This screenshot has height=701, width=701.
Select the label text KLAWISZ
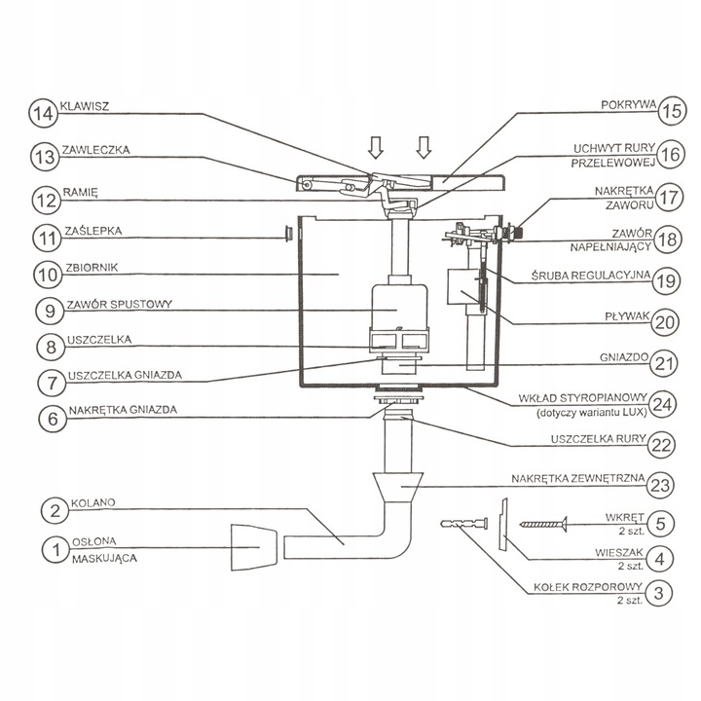coord(85,106)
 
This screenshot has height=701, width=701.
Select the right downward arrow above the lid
coord(424,147)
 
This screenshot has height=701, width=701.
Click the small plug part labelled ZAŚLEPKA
coord(289,233)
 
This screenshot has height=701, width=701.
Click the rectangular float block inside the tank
coord(458,289)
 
